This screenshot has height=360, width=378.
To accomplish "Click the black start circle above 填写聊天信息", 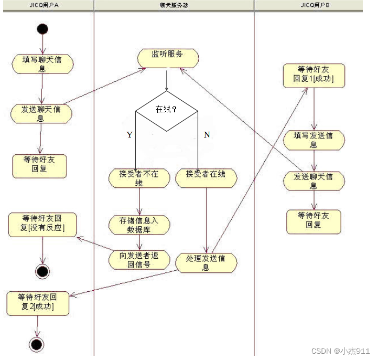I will [x=42, y=28].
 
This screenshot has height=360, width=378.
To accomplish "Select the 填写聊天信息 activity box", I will [x=42, y=63].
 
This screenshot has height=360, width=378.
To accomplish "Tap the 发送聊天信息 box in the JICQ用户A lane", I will [x=41, y=113].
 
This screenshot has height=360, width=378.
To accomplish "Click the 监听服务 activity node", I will [x=168, y=58].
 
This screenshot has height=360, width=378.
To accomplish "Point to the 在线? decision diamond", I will [x=166, y=110].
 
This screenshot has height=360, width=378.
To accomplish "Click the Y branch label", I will [x=129, y=135].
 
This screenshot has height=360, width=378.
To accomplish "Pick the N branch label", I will [x=207, y=135].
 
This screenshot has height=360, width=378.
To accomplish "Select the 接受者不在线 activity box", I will [x=139, y=178].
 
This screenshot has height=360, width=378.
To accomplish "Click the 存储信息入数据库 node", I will [x=139, y=224].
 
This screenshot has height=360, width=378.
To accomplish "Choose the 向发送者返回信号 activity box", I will [x=139, y=259].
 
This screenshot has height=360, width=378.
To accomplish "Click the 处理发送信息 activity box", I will [x=206, y=262].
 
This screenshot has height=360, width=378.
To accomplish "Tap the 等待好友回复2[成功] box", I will [x=38, y=303].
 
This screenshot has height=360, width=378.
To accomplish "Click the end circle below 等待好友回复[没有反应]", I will [x=42, y=271].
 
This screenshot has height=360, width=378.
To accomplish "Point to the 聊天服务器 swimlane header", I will [x=174, y=5].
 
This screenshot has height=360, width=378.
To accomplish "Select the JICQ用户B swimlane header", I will [x=315, y=5].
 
